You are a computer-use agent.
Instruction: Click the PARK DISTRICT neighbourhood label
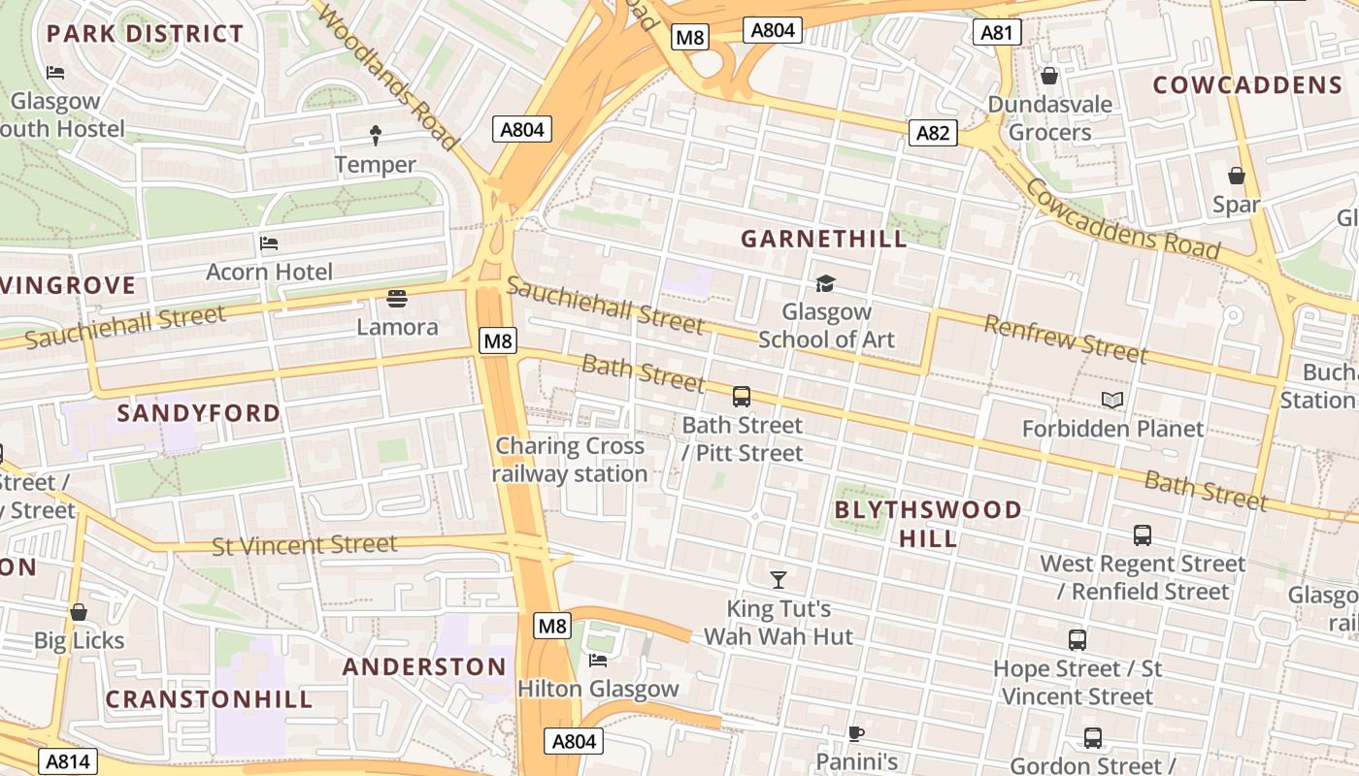coord(145,34)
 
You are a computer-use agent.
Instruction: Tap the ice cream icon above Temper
coord(376,135)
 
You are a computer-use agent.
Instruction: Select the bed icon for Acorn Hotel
coord(269,242)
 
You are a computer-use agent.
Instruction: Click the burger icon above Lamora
coord(397,297)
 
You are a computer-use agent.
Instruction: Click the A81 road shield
coord(996,33)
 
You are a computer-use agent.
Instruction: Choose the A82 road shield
coord(933,133)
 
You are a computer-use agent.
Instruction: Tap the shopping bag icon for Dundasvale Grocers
coord(1049,75)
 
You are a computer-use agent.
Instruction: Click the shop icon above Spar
coord(1237,176)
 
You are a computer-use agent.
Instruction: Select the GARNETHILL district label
coord(824,239)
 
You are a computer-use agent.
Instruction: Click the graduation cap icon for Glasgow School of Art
coord(825,283)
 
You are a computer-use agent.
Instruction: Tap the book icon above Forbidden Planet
coord(1112,400)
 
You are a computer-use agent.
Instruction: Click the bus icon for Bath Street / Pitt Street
coord(742,396)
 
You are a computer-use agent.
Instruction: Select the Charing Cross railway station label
coord(570,460)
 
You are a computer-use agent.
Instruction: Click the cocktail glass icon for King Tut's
coord(778,580)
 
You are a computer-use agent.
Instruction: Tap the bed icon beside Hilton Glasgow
coord(598,661)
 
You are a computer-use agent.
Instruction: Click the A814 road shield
coord(68,761)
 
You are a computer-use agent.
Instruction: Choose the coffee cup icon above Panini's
coord(855,733)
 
